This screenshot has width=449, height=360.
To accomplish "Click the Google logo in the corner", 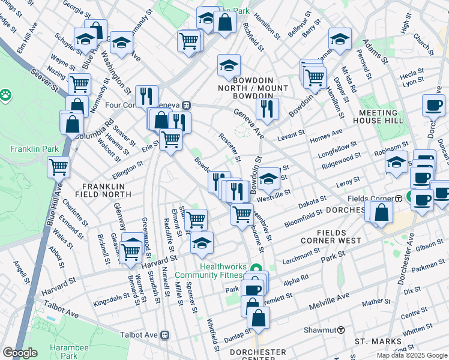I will tap(20, 353).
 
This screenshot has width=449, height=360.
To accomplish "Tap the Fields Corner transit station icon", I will tap(399, 199).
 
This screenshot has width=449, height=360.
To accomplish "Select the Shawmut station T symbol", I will tap(340, 329).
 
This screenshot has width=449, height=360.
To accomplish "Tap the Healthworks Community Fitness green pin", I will tap(257, 268).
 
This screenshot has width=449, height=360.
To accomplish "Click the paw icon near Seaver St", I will tap(6, 94).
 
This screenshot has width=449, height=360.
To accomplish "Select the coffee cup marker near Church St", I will tap(433, 105).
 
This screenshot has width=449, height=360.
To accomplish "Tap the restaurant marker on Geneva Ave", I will tap(267, 109).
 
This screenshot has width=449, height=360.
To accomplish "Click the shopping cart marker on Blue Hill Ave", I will tap(58, 166).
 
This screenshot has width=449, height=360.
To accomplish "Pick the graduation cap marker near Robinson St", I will tap(396, 161).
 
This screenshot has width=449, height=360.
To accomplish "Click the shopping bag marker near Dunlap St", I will tap(258, 317).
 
